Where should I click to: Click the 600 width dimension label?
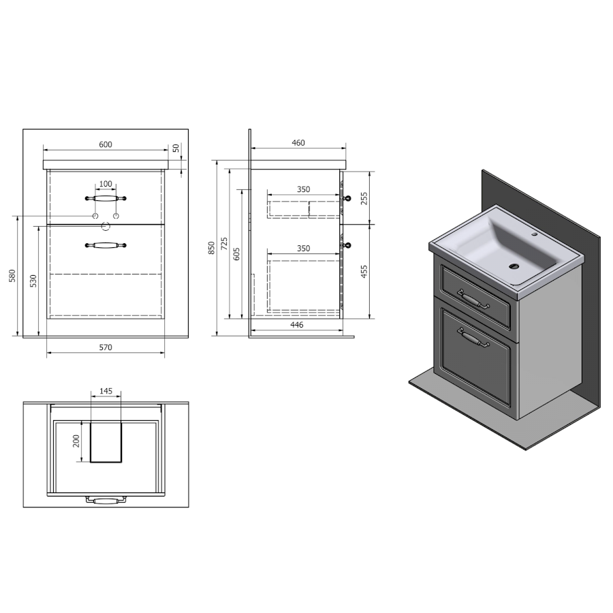pos(105,144)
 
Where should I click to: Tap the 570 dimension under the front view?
pos(105,347)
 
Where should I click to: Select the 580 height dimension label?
pos(12,276)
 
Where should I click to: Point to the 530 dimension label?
pos(33,281)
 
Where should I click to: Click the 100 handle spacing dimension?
pos(106,184)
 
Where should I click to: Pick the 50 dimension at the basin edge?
pos(176,148)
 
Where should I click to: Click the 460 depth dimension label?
pos(298,143)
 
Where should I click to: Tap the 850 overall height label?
pos(212,248)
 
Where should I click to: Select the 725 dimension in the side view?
pos(224,244)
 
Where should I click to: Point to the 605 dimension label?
pos(236,254)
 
